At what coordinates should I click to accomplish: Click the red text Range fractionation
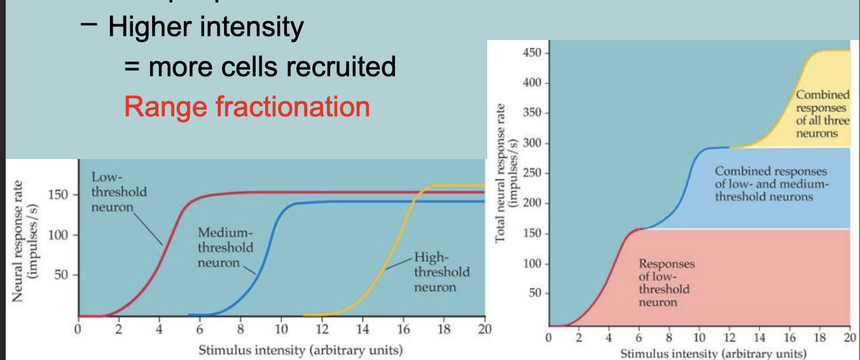click(x=247, y=106)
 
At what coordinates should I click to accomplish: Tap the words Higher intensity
click(x=205, y=27)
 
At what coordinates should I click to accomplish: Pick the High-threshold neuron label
click(x=441, y=272)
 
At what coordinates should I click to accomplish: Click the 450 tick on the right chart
click(x=532, y=52)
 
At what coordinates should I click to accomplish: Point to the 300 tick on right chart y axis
click(x=532, y=142)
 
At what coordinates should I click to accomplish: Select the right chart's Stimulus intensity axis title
click(x=712, y=354)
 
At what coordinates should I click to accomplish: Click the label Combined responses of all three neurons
click(x=822, y=114)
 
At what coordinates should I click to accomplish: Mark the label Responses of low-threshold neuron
click(x=666, y=283)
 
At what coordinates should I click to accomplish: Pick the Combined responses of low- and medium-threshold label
click(x=770, y=184)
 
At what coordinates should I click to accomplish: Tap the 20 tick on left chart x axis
click(x=484, y=329)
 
